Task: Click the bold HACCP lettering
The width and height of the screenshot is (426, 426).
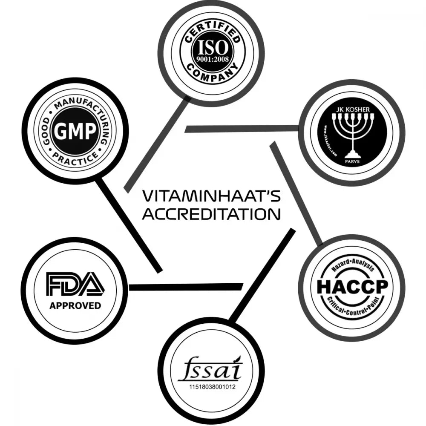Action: point(352,287)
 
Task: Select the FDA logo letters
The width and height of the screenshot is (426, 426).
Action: point(75,284)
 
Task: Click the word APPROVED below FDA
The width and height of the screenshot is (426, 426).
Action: point(75,305)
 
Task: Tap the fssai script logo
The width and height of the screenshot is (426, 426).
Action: point(210,371)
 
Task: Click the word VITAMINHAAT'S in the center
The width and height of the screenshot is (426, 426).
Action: point(211,197)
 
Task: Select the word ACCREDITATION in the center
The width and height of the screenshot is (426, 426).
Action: point(211,214)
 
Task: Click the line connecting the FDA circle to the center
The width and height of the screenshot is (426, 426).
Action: point(185,287)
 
